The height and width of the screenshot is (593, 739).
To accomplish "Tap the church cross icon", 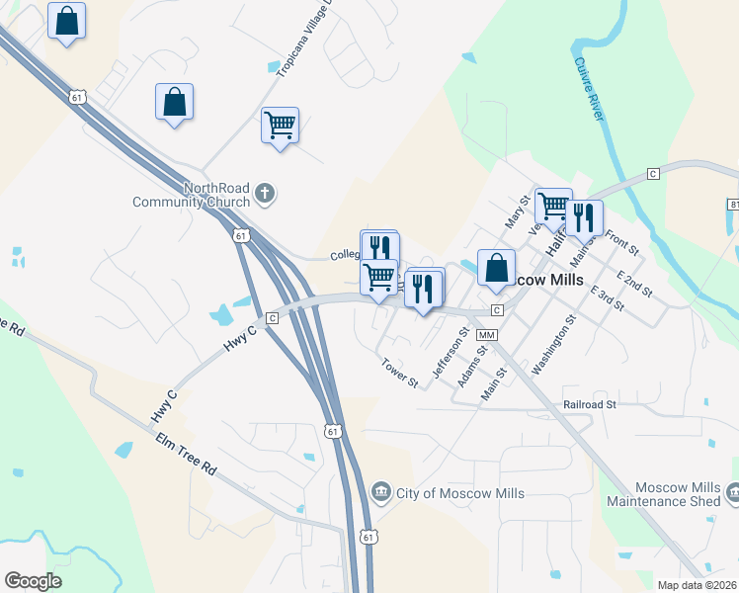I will [264, 194].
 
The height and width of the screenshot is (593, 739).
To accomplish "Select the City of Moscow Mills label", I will [458, 492].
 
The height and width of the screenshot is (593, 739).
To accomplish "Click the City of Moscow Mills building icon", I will [380, 492].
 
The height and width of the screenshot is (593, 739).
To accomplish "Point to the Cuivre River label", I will [588, 90].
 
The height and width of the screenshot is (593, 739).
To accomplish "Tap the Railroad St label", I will [590, 404].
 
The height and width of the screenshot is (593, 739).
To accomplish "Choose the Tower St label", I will [399, 373].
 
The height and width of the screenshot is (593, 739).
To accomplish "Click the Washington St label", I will [552, 345].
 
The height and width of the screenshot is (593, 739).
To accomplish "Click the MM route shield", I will [485, 336].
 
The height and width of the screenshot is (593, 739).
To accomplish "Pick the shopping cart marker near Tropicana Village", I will [281, 126].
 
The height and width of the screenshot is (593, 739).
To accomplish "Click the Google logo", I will [33, 581].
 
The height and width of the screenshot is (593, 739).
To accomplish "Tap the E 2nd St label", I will [633, 282].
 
